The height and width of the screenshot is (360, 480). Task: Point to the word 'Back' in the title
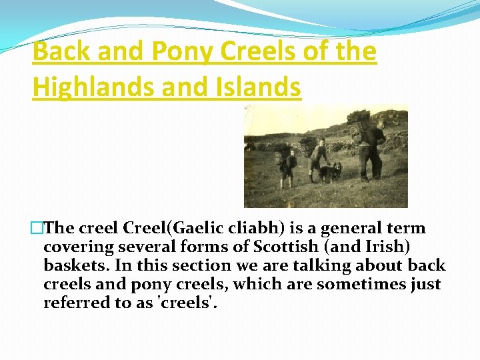tap(61, 51)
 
